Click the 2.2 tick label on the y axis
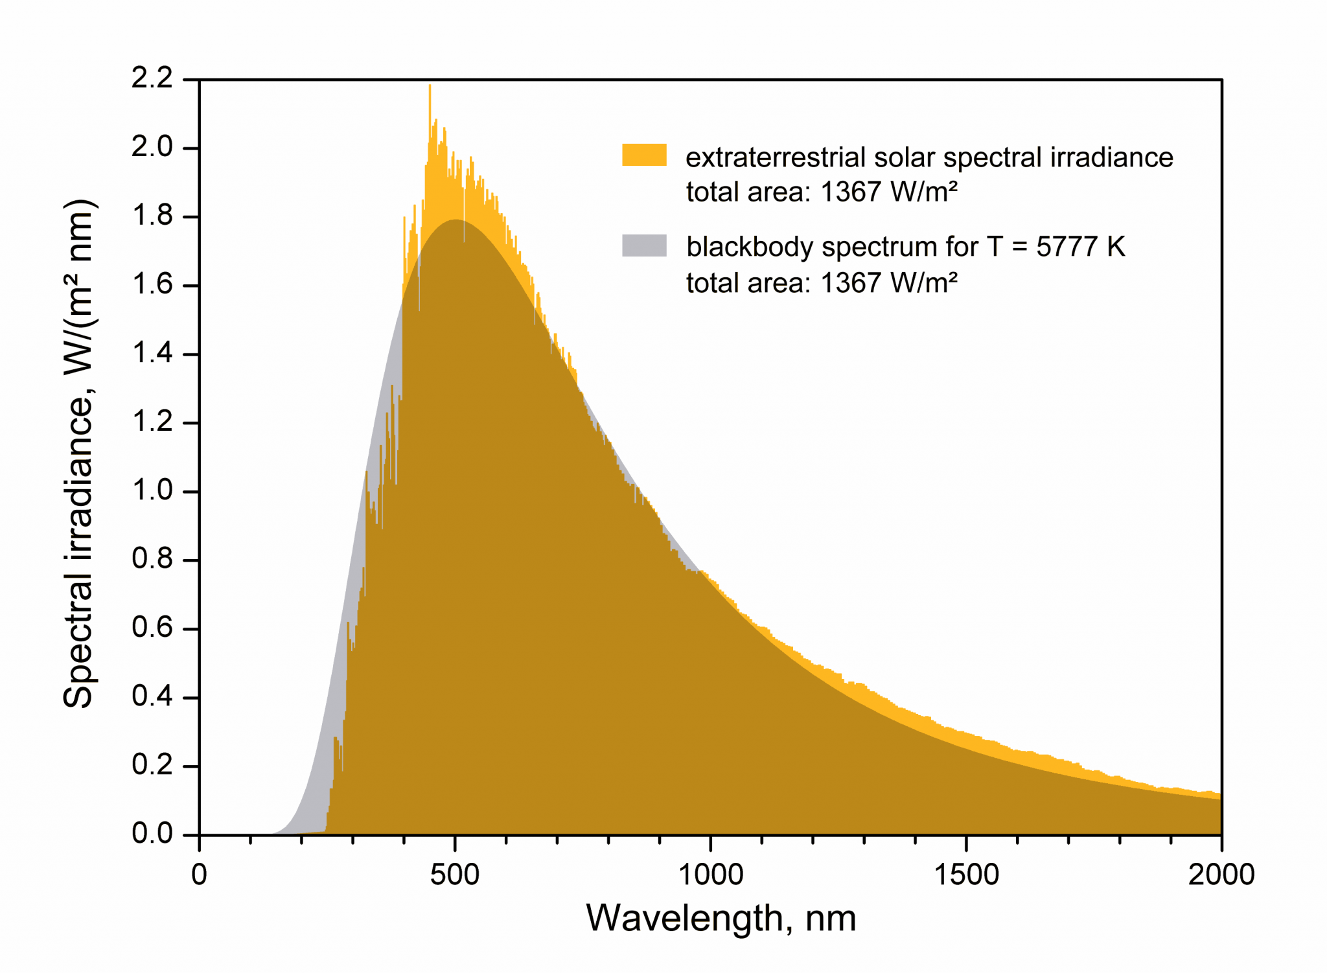tap(152, 78)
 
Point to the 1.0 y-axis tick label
tap(152, 490)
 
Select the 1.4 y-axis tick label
tap(152, 353)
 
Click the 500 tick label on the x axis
tap(454, 875)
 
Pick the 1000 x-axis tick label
tap(710, 875)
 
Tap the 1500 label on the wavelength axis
tap(965, 875)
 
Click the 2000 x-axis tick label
tap(1221, 875)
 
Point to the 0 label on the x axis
tap(199, 875)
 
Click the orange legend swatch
tap(644, 155)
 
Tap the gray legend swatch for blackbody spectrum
tap(644, 246)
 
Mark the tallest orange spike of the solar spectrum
tap(430, 87)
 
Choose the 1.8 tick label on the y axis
tap(152, 216)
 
